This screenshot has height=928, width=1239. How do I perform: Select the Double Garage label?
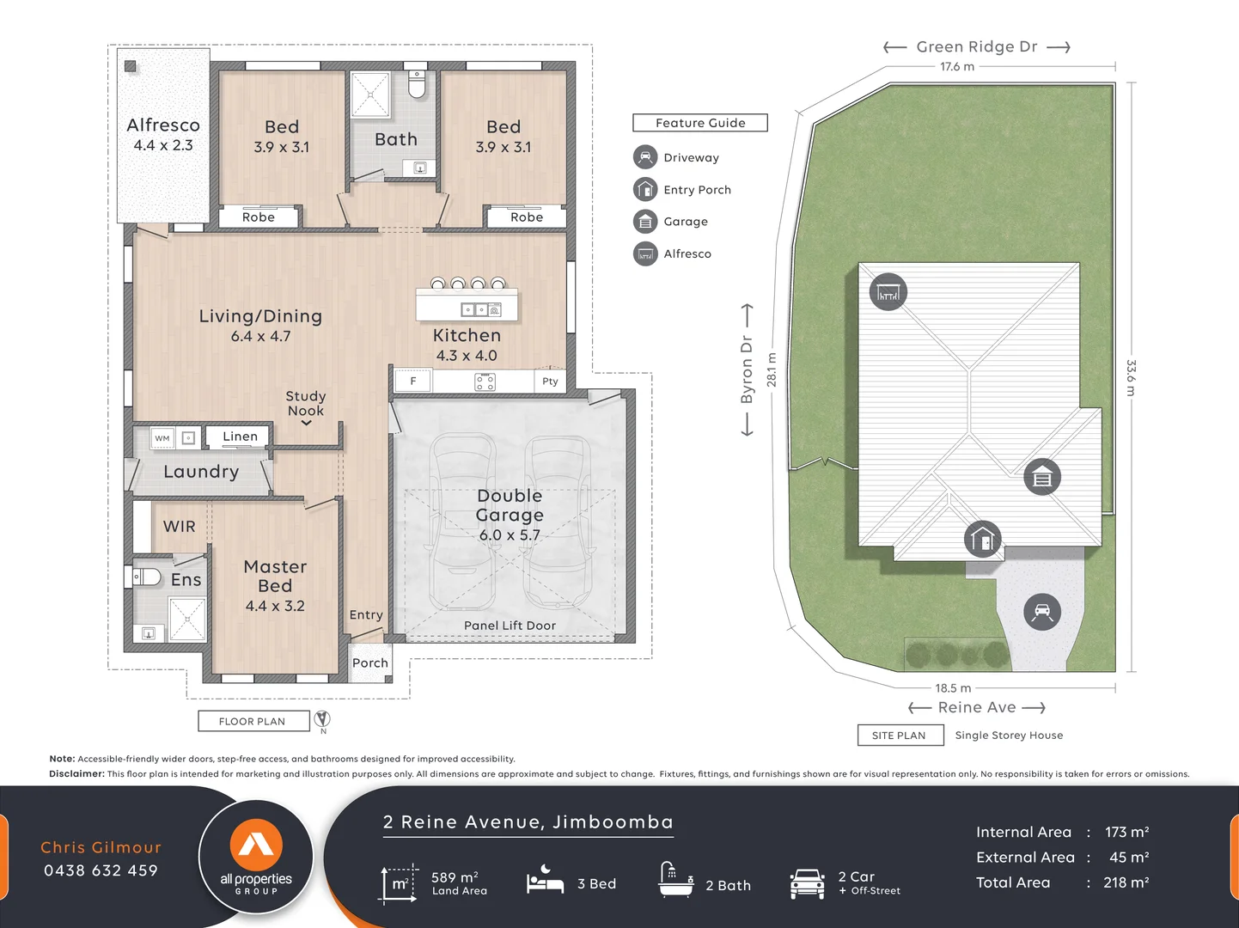click(x=510, y=505)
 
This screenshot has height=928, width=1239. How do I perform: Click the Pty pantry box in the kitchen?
click(x=550, y=382)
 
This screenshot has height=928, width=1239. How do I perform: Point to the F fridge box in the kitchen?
click(x=413, y=381)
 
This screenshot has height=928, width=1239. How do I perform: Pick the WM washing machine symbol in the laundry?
click(x=162, y=438)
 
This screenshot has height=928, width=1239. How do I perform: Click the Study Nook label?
click(x=306, y=403)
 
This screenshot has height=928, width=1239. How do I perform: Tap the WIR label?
click(x=180, y=527)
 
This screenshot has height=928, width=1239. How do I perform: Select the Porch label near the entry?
click(x=370, y=662)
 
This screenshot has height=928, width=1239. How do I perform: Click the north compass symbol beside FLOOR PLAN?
click(x=322, y=719)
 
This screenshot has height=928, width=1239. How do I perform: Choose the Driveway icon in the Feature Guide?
click(x=645, y=157)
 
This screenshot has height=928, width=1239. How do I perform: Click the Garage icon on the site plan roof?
click(x=1042, y=477)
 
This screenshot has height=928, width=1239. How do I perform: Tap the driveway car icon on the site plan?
click(x=1042, y=612)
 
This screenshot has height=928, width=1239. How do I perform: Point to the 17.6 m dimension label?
click(x=957, y=67)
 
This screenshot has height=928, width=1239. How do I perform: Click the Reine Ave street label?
click(x=977, y=707)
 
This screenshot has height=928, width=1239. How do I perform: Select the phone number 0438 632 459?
click(x=101, y=870)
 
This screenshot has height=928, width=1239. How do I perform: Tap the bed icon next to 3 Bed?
click(x=545, y=882)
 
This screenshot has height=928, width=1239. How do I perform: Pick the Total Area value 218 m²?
click(x=1126, y=882)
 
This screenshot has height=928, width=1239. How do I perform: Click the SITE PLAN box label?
click(x=899, y=736)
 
